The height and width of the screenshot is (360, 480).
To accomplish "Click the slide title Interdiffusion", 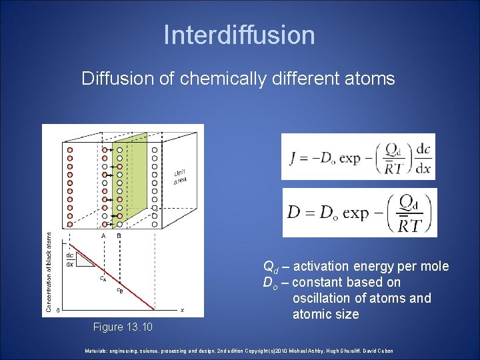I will pos(239,35).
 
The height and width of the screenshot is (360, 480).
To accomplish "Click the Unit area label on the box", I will pos(180,175).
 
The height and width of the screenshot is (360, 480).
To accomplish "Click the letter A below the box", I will pos(103,235).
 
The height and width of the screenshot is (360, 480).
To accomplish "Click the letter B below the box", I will pos(119,235).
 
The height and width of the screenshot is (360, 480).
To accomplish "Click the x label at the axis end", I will pos(182,310).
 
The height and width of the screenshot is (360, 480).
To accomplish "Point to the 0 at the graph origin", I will pos(58,310).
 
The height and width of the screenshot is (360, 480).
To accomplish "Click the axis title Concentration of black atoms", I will pos(48,271).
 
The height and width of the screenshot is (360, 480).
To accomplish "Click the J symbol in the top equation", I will pos(294,157).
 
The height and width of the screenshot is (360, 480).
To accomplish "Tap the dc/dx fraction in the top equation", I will pos(423,158).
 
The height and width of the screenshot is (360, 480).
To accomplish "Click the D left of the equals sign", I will pos(293,213).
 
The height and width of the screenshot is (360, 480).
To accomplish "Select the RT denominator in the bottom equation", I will pos(408,225).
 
